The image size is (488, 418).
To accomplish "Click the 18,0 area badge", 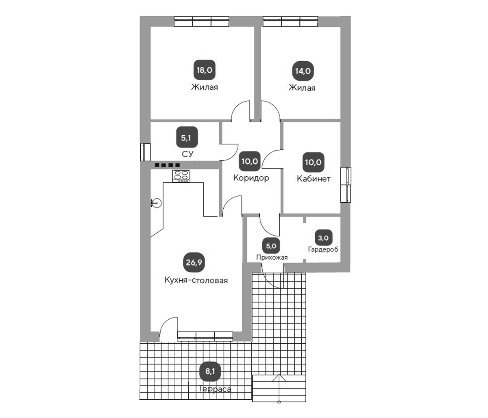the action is (205, 70).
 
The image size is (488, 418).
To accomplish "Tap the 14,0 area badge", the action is (303, 71).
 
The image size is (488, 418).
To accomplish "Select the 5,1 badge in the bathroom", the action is (187, 137).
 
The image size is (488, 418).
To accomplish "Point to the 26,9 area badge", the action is (194, 262).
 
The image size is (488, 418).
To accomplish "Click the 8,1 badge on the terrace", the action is (210, 371).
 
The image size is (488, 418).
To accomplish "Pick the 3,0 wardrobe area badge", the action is (323, 238).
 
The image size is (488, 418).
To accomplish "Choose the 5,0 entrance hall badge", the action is (271, 246).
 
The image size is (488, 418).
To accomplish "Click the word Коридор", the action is (251, 178).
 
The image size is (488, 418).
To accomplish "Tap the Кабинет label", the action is (314, 179).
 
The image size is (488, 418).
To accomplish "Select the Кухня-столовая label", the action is (196, 280).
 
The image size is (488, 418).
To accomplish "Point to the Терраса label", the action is (214, 389).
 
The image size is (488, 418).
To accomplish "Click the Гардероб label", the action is (323, 249).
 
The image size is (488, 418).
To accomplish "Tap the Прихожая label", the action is (272, 258).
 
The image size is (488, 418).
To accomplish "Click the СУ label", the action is (188, 154).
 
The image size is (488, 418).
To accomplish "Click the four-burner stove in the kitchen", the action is (181, 176).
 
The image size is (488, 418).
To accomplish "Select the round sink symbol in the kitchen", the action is (157, 203).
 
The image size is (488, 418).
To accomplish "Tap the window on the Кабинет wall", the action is (346, 185).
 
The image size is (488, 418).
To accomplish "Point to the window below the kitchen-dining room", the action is (205, 336).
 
